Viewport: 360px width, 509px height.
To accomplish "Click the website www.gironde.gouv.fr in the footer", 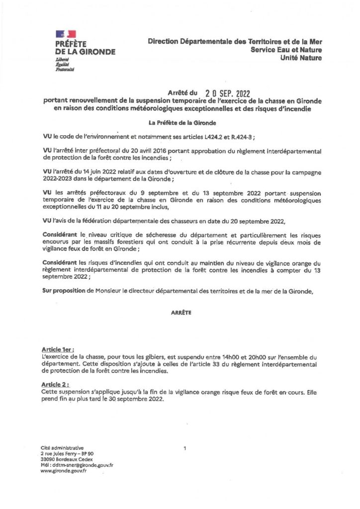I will (65, 471).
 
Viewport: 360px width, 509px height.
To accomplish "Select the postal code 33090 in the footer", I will (50, 460).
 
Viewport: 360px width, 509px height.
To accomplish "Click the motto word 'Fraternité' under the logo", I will (65, 70).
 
